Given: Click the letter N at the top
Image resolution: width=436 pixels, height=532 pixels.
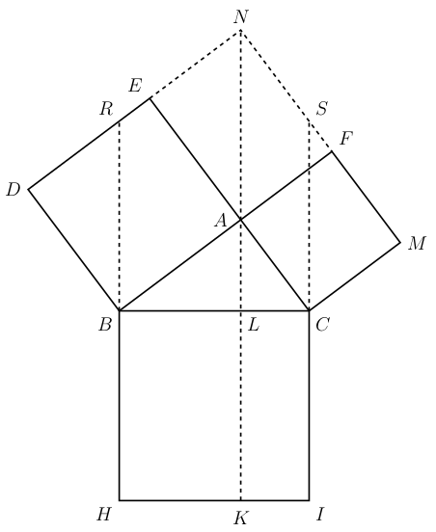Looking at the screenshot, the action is coord(241,16).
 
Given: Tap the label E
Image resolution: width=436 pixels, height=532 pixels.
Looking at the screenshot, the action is coord(135,86).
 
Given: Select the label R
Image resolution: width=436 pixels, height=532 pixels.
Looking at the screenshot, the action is coord(106,109).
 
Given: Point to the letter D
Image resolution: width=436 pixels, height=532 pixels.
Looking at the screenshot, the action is coord(14,190).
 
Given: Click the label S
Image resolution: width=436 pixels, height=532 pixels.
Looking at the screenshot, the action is coord(321,109).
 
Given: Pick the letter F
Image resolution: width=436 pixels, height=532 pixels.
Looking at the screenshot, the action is coord(346,139).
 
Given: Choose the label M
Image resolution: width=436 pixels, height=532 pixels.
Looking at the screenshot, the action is coord(417,243).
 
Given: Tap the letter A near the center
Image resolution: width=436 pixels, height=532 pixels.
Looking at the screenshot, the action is coord(220,221).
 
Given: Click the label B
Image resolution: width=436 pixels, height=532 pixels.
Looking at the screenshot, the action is coord(105,325).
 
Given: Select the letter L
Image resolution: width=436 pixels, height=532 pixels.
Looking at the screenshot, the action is coord(254,325).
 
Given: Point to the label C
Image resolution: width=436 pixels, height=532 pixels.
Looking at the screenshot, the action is coord(322,325).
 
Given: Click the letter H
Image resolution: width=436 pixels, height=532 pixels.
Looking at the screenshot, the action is coord(103,515).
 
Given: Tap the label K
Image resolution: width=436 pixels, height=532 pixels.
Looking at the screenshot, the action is coord(241,519).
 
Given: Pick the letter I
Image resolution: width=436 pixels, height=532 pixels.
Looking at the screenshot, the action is coord(319,515).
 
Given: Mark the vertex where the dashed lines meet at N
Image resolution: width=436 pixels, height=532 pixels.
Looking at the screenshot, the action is coord(241,30).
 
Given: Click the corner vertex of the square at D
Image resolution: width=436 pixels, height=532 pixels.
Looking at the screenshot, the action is coord(29,189).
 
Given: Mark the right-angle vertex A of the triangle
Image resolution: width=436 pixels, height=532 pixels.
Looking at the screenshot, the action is coord(241,220).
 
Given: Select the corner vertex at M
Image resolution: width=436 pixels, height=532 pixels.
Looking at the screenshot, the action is coord(400,243).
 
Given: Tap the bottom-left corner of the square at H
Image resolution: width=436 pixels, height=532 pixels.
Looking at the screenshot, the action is coord(120,500).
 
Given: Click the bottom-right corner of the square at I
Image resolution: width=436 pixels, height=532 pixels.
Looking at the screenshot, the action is coord(309,500).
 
